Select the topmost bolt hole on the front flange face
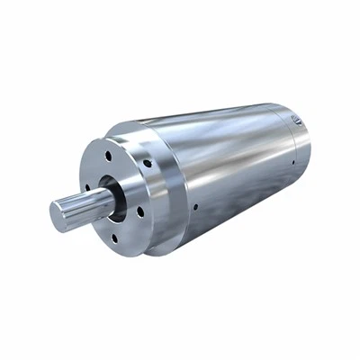click(108, 155)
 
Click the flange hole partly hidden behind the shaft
click(87, 189)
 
